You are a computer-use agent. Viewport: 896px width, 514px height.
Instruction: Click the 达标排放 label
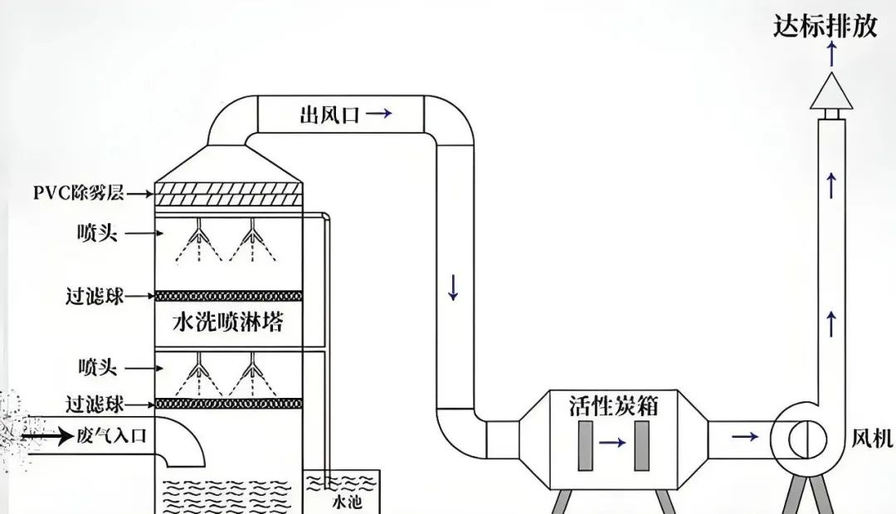[x=825, y=27]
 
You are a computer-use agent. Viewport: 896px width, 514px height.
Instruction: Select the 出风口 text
[x=329, y=115]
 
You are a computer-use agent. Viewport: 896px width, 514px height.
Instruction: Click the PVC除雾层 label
[x=79, y=193]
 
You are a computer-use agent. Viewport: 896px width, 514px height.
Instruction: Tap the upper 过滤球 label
[x=95, y=296]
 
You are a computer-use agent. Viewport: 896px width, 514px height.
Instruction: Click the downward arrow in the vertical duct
[x=453, y=287]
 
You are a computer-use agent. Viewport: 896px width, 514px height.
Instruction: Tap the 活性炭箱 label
[x=614, y=405]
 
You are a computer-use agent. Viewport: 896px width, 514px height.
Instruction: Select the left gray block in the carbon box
[x=585, y=444]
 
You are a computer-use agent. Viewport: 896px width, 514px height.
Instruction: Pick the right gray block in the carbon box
[x=641, y=444]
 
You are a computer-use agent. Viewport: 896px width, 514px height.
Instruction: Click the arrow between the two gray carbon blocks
[x=613, y=444]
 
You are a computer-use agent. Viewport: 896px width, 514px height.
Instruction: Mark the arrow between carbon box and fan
[x=744, y=436]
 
